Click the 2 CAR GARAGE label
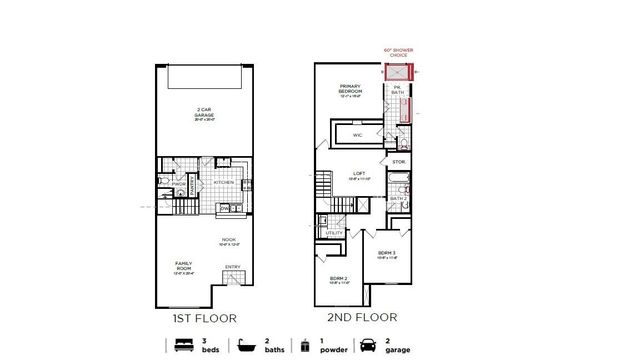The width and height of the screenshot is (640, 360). (203, 112)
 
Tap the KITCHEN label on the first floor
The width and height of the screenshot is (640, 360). (224, 183)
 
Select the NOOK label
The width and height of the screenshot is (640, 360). (229, 241)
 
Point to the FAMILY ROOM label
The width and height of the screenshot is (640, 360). (184, 266)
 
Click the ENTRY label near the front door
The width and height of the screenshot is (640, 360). (232, 266)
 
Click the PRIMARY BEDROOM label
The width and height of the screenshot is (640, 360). (349, 89)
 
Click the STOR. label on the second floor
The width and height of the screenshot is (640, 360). (397, 161)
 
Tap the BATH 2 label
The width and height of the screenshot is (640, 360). (396, 198)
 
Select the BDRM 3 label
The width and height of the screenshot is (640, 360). (387, 255)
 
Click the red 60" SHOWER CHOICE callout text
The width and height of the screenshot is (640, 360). (399, 51)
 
